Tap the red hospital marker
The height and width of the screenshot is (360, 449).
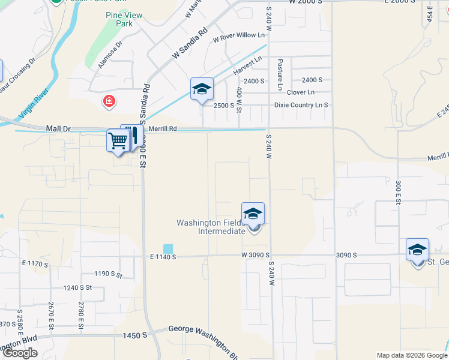[109, 100]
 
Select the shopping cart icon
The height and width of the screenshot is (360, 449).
[118, 141]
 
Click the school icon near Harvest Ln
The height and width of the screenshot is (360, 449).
[202, 89]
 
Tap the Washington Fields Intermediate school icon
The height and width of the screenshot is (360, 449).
[253, 214]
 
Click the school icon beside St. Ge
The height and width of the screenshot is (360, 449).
[417, 250]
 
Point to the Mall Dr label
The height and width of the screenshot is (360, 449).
[58, 128]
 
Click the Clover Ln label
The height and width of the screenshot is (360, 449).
[300, 92]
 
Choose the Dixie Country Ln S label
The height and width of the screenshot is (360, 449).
[301, 105]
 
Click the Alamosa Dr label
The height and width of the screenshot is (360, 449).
[110, 55]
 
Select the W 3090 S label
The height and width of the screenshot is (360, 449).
[257, 256]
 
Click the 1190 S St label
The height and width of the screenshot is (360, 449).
[108, 275]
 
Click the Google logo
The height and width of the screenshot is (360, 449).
[20, 353]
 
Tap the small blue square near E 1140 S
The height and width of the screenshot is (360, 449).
[167, 248]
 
